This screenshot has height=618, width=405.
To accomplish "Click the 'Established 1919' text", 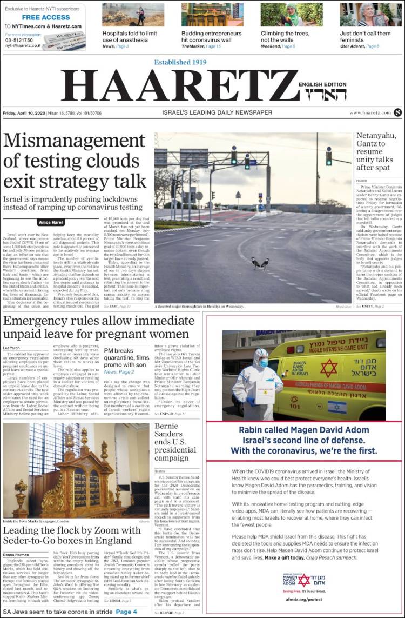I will click(x=180, y=62).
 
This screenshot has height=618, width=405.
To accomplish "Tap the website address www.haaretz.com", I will click(x=370, y=112).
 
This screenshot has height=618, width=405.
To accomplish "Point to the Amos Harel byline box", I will click(x=52, y=222).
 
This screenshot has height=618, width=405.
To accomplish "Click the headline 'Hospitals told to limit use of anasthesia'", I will click(x=130, y=36).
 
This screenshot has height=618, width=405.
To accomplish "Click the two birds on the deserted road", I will click(x=260, y=263).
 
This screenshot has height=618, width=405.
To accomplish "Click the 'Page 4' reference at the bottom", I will click(x=126, y=612).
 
